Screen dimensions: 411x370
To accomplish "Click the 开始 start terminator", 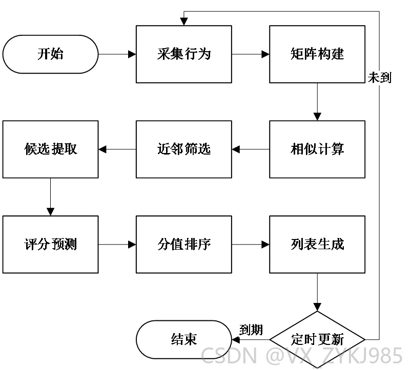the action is coord(50,54).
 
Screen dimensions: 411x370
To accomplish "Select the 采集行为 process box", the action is coord(184,54).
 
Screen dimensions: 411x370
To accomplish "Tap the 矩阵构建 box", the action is coord(317,54).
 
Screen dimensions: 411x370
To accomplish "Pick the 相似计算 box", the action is coord(317,149).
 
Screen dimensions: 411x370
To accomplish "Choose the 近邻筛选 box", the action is coord(184,149).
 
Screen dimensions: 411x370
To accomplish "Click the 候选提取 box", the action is coord(50,149).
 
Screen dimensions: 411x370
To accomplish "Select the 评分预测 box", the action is coord(50,245).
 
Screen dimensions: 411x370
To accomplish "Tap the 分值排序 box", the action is coord(184,245).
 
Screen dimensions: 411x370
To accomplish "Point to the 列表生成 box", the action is coord(317,245).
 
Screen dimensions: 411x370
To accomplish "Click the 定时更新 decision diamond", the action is coord(317,340).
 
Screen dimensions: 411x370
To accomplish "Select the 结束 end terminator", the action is coord(184,340).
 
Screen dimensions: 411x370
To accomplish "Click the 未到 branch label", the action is coord(379,78).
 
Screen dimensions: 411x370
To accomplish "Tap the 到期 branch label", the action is coord(251,330).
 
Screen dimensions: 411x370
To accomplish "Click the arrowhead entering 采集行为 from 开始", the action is coord(132,54).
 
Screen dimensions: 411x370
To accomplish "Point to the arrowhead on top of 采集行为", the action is coord(184,21).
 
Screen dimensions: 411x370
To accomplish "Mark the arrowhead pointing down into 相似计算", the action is coord(317,117).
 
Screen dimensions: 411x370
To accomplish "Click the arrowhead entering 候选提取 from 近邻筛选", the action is coord(102,149).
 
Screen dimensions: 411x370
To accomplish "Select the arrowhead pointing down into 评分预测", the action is coord(50,212).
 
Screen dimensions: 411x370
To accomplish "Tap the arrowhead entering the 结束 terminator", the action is coord(236,340).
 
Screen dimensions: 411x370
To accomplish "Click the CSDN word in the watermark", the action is coord(229,355).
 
